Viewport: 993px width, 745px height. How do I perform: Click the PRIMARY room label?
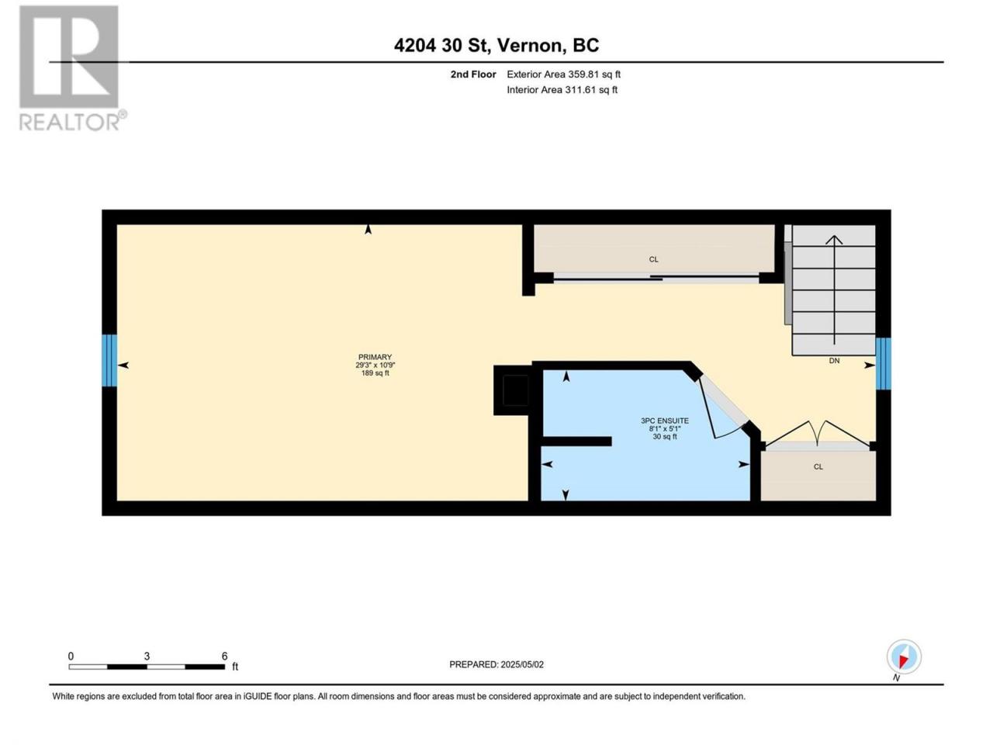click(375, 357)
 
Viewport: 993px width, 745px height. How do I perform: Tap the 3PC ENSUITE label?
click(664, 421)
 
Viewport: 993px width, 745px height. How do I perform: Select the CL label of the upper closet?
click(653, 259)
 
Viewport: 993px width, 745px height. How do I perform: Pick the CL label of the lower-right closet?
click(818, 467)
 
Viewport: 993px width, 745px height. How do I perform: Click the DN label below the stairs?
click(834, 361)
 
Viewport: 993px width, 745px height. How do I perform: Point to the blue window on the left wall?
click(109, 360)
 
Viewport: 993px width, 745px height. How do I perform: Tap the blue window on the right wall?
click(883, 364)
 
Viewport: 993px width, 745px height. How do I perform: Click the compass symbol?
click(904, 657)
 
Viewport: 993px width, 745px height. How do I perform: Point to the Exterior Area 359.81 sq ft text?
click(563, 74)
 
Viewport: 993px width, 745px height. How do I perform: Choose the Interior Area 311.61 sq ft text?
click(562, 89)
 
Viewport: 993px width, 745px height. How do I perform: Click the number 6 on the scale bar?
click(224, 656)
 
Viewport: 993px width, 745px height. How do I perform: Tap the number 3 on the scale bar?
click(147, 656)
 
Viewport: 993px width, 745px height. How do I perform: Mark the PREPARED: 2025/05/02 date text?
click(496, 664)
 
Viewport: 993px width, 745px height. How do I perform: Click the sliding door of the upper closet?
click(656, 279)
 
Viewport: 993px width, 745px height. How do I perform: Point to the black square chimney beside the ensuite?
click(515, 390)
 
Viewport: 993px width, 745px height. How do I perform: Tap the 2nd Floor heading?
click(472, 74)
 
